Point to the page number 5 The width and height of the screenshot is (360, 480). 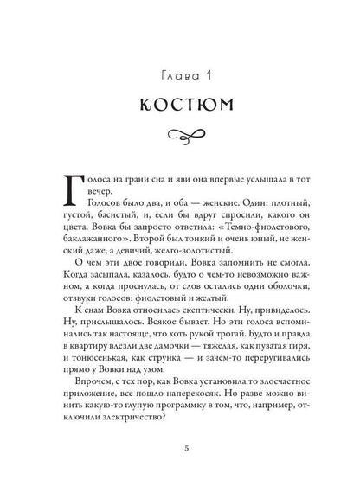click(x=180, y=449)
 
